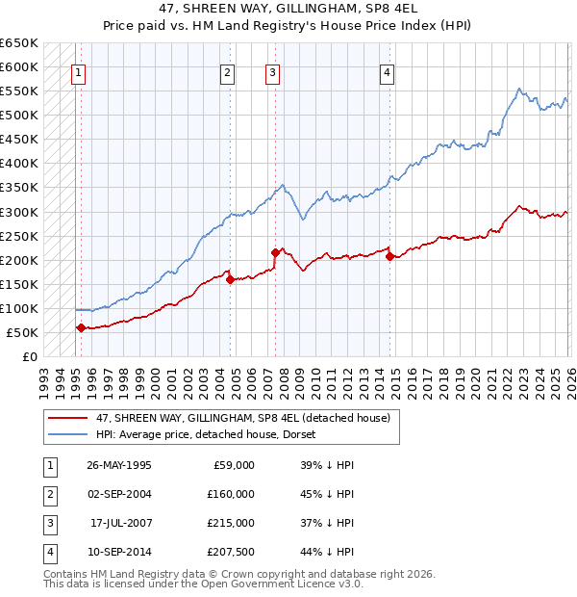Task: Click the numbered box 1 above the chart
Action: click(78, 71)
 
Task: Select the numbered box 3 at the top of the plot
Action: click(273, 71)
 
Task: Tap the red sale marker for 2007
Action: click(275, 253)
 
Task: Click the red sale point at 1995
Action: click(81, 328)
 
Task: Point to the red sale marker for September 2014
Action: click(389, 256)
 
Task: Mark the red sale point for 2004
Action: click(230, 279)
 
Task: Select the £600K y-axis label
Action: click(18, 66)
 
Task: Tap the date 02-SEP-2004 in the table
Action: click(119, 493)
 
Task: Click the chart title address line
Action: click(288, 9)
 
